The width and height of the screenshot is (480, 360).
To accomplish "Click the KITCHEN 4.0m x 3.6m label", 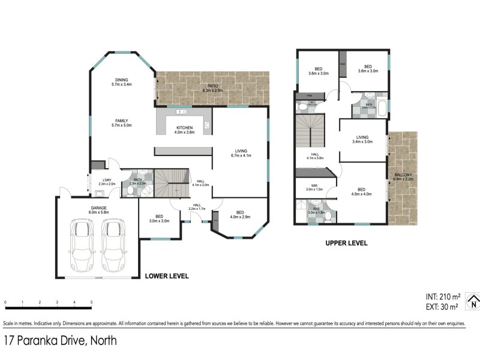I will (185, 129).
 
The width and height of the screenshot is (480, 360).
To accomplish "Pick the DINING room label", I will (122, 82).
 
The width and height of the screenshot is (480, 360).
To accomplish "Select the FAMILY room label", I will (122, 122).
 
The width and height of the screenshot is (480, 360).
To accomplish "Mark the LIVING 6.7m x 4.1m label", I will (241, 153).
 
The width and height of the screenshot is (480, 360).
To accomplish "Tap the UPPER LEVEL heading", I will (346, 244).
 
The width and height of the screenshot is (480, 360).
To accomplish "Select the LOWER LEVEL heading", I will (167, 277).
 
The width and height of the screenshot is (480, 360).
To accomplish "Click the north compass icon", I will (473, 301).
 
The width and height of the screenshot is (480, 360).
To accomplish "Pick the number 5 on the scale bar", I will (91, 302).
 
